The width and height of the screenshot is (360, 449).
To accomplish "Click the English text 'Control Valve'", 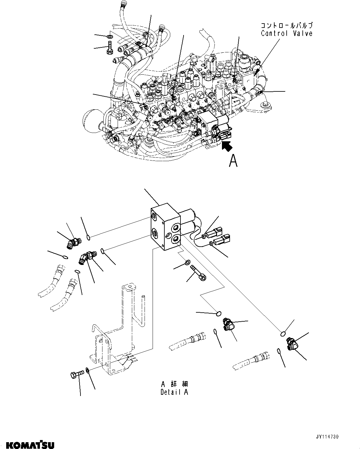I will [x=287, y=33].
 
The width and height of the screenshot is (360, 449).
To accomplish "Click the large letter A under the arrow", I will [x=233, y=161].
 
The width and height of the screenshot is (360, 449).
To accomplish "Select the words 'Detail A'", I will [x=174, y=392].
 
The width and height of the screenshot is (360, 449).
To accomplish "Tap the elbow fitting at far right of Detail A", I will [x=292, y=344].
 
